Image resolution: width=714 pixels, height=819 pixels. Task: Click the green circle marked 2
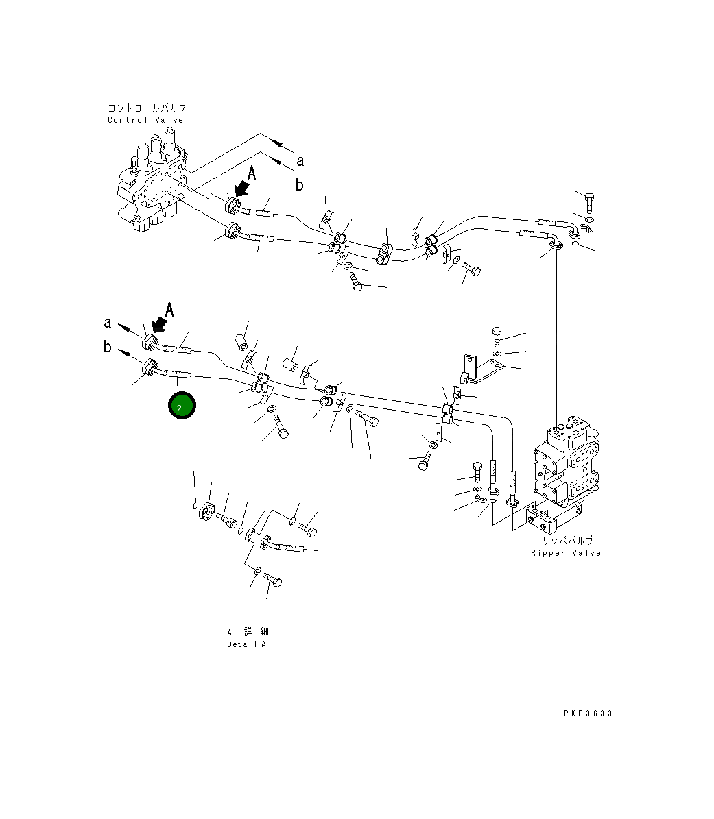pyautogui.click(x=182, y=406)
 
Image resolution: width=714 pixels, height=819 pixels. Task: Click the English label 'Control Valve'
pyautogui.click(x=145, y=120)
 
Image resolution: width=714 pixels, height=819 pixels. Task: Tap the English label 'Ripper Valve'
pyautogui.click(x=565, y=553)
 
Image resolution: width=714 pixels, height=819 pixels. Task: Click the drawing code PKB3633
pyautogui.click(x=588, y=713)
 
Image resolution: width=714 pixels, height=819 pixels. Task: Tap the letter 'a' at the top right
pyautogui.click(x=300, y=160)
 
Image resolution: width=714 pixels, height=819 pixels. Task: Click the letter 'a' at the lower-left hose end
pyautogui.click(x=108, y=322)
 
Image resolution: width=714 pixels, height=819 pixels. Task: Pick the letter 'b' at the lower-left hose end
pyautogui.click(x=108, y=347)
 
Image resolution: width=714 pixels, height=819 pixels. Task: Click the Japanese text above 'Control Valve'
pyautogui.click(x=147, y=108)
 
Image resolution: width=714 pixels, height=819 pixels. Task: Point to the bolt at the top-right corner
pyautogui.click(x=589, y=200)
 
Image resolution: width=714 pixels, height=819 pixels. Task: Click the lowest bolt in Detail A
pyautogui.click(x=273, y=582)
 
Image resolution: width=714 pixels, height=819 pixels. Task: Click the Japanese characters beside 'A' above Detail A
pyautogui.click(x=252, y=632)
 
